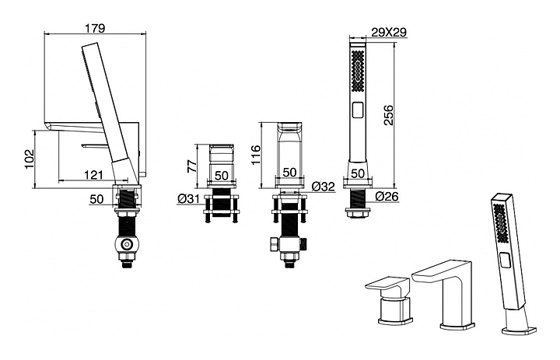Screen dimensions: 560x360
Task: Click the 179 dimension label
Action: coord(96,28)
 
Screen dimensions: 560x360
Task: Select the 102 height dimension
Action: coord(29,159)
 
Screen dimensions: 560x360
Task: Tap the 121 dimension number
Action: coord(93,175)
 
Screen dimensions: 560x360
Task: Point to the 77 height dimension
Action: coord(192,166)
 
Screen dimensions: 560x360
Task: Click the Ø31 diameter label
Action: coord(189,198)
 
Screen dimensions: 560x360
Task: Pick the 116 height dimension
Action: coord(257,155)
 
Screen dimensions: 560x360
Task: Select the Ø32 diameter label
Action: coord(323,186)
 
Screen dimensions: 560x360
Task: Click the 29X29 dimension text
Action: coord(389,33)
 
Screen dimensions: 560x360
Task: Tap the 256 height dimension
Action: coord(388,115)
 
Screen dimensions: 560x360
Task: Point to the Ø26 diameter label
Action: coord(387,196)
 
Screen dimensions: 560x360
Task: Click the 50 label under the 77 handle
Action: coord(222,176)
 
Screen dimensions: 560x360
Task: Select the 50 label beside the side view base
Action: coord(96,199)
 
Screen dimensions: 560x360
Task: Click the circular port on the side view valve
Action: coord(125,245)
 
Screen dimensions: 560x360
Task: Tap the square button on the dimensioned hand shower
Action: coord(358,110)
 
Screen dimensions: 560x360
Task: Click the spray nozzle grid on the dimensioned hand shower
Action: coord(358,71)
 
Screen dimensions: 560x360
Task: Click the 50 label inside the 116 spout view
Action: coord(289,172)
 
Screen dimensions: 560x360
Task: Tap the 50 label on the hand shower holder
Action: coord(358,173)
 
